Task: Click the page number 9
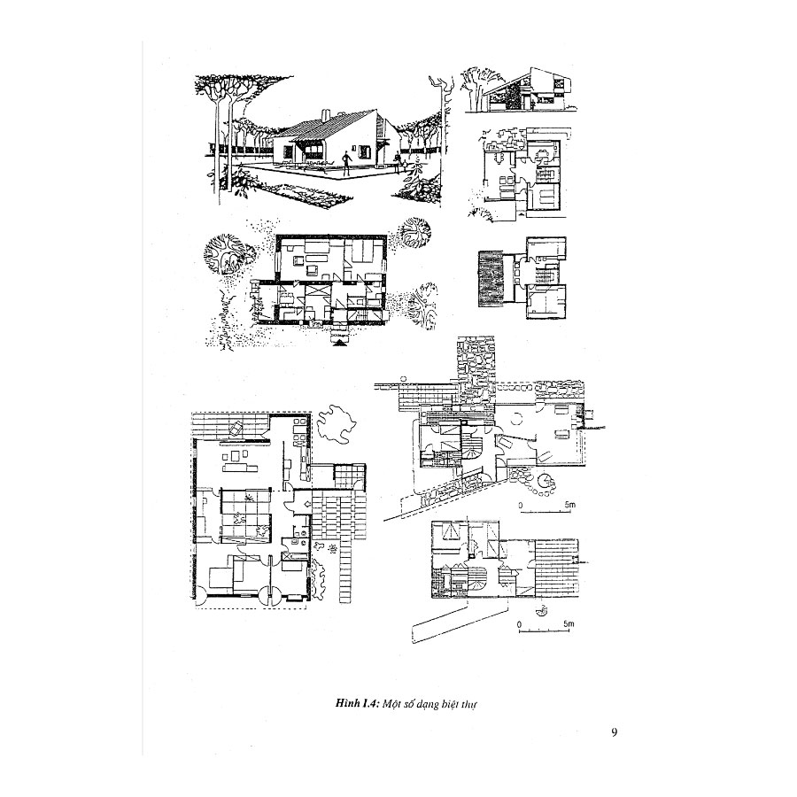(x=615, y=732)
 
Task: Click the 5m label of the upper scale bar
(x=570, y=505)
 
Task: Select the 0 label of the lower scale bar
(x=519, y=625)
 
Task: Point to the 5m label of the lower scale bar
(x=569, y=625)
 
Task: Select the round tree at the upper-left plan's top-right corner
(x=412, y=236)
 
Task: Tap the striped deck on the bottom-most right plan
(x=559, y=567)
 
